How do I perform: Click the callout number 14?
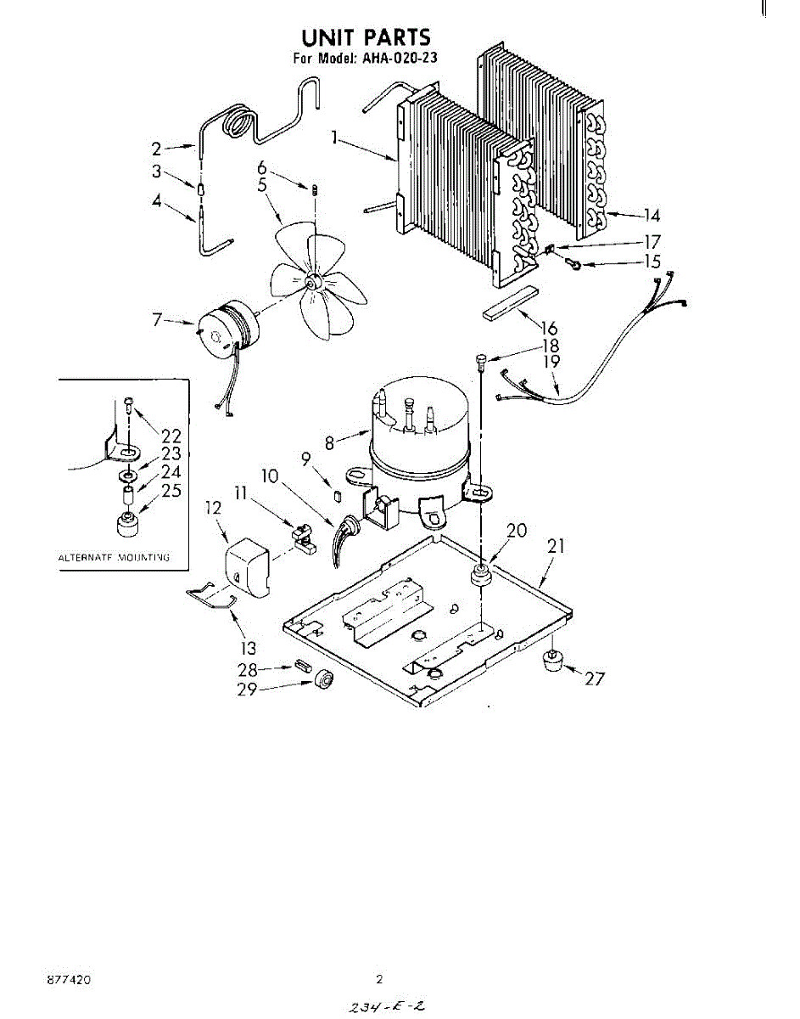click(651, 215)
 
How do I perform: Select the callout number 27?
click(595, 678)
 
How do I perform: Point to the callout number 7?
click(157, 320)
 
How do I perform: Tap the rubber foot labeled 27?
click(554, 658)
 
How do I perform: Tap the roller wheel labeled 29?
click(322, 681)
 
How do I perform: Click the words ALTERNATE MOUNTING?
click(114, 558)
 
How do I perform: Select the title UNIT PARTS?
click(366, 37)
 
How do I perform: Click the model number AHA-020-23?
click(396, 59)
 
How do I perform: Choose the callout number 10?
click(270, 476)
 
